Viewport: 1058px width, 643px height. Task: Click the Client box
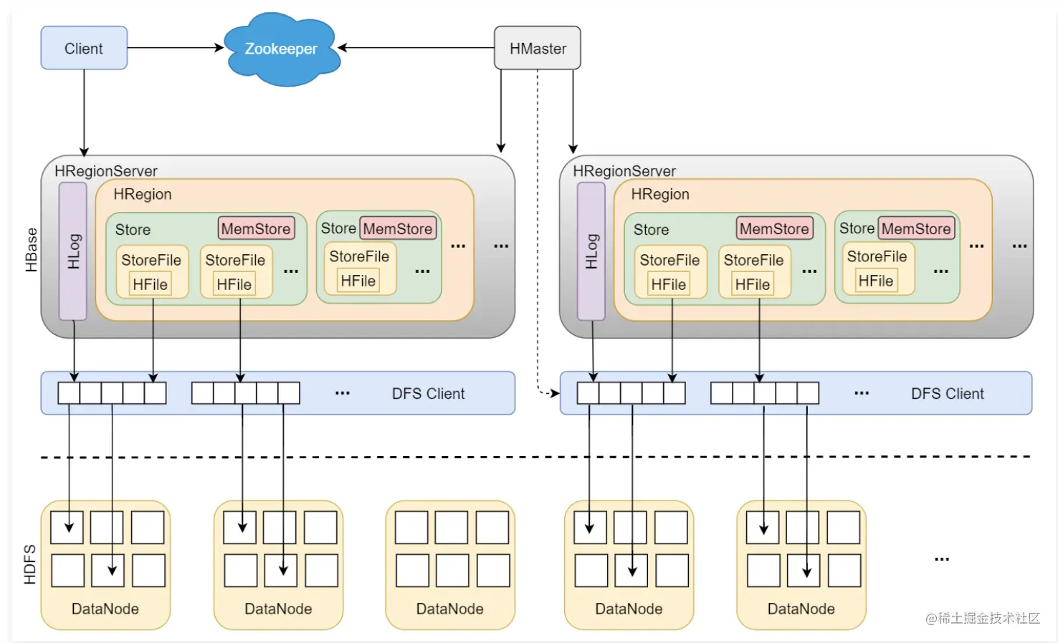[84, 48]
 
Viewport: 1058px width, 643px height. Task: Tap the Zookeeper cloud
[281, 49]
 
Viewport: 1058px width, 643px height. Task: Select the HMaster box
[538, 48]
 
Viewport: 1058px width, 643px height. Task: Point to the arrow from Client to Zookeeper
[175, 48]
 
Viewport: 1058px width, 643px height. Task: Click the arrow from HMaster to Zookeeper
[416, 48]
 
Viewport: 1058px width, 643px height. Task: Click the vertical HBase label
[32, 250]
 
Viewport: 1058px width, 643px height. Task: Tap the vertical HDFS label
[30, 564]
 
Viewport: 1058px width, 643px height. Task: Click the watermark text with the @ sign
[982, 618]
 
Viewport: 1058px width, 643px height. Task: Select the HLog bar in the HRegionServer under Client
[73, 251]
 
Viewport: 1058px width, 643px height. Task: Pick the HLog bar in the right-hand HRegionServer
[591, 251]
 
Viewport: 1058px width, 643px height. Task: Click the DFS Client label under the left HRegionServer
[428, 394]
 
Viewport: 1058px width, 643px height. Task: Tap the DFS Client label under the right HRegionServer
[947, 394]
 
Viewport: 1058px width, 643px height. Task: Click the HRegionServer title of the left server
[106, 171]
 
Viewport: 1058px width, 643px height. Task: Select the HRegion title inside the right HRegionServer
[660, 194]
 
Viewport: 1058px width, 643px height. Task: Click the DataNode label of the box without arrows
[449, 609]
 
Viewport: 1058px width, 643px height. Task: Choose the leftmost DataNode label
[105, 609]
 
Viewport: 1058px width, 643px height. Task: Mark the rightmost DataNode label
[801, 609]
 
